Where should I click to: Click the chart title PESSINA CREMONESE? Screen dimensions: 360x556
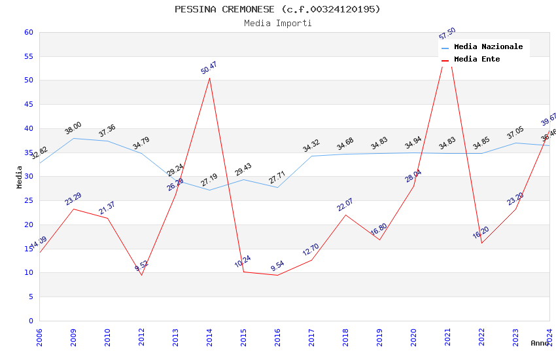click(x=277, y=9)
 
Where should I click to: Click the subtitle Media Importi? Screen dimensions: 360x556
click(x=277, y=23)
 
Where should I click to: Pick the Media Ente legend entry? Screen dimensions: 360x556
click(x=476, y=60)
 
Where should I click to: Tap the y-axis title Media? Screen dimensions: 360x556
click(x=20, y=177)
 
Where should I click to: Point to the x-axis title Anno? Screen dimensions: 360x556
click(x=540, y=343)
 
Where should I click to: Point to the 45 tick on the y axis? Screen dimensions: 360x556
click(x=28, y=105)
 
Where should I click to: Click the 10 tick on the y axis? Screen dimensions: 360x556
click(x=28, y=273)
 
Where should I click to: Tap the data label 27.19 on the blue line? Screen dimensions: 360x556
click(x=209, y=180)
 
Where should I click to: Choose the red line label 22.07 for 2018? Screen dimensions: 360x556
click(x=345, y=205)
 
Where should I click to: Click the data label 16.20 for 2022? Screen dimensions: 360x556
click(x=481, y=233)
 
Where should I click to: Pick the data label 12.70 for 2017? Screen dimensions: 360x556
click(x=311, y=250)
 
